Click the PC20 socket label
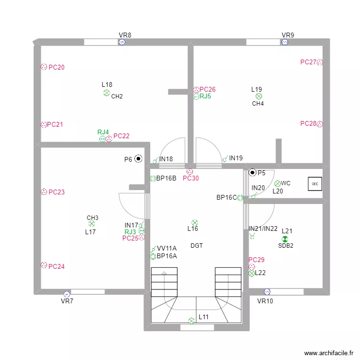coord(57,68)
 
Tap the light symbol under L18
coord(107,93)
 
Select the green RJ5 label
coord(205,96)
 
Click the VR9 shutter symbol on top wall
coord(285,42)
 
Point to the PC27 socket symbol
coord(320,62)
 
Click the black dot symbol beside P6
coord(138,158)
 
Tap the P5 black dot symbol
coord(252,172)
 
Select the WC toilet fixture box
coord(315,184)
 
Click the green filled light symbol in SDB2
coord(285,239)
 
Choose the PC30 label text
coord(191,179)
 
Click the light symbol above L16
coord(194,222)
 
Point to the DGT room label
coord(197,246)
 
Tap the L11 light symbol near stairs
coord(192,321)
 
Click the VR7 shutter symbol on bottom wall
coord(67,294)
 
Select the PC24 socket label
coord(57,266)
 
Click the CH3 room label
coord(93,217)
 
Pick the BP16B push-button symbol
coord(153,179)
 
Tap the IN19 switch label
coord(236,158)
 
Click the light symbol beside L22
coord(252,273)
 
